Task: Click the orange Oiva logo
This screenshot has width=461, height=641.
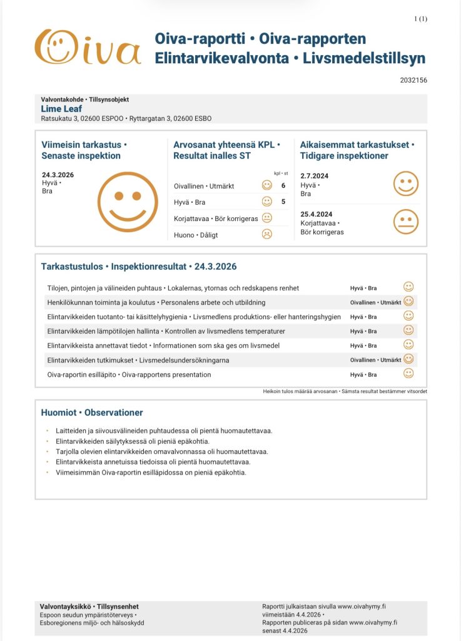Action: (87, 47)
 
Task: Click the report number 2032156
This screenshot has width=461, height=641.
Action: (413, 80)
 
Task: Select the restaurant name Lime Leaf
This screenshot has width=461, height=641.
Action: (61, 108)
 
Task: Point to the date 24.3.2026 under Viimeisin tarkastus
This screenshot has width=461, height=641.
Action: (58, 175)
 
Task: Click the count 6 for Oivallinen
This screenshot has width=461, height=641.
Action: (283, 186)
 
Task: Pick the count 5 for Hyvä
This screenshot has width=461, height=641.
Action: (283, 202)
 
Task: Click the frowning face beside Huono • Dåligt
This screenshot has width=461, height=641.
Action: (267, 234)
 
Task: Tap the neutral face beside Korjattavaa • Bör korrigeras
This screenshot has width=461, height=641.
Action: (267, 218)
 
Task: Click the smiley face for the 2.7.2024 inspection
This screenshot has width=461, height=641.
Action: (406, 184)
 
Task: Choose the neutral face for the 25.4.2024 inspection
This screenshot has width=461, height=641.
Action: (406, 222)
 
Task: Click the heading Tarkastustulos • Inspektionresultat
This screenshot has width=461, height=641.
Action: (139, 266)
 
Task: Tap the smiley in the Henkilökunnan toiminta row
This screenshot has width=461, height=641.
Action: (408, 302)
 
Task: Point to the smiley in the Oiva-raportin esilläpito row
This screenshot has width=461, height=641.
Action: (408, 374)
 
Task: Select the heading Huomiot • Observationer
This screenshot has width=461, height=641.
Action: (92, 413)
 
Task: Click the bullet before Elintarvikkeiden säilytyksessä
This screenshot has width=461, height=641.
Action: (47, 441)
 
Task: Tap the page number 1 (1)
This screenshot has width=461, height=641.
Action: (420, 19)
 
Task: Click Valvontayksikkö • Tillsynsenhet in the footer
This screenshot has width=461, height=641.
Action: (89, 607)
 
